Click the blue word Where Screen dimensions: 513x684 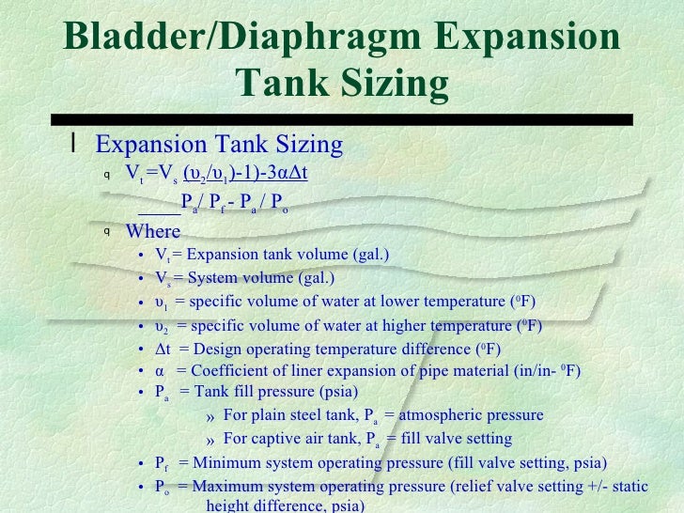pos(153,231)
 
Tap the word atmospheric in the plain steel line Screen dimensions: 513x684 pos(444,415)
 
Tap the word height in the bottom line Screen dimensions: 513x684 pos(225,506)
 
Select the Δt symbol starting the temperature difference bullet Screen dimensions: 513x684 pos(163,350)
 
